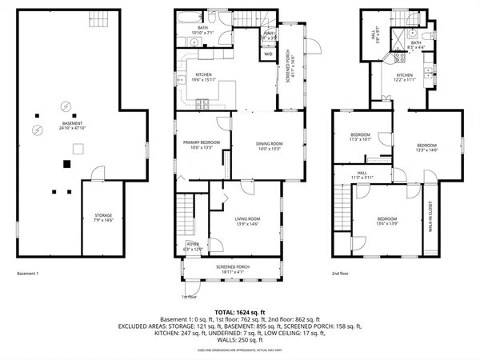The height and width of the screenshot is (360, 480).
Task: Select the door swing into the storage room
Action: [97, 173]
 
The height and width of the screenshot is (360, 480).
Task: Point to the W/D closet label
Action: [266, 34]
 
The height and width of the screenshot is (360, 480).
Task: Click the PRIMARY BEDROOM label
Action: [200, 144]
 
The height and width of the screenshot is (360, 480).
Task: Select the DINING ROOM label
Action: [270, 146]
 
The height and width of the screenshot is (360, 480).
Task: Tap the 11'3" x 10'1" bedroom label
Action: [362, 137]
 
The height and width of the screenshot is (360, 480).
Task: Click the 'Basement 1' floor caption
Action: [28, 274]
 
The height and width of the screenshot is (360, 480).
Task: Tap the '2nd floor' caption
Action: [342, 274]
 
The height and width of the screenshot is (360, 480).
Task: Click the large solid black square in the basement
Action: [66, 164]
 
